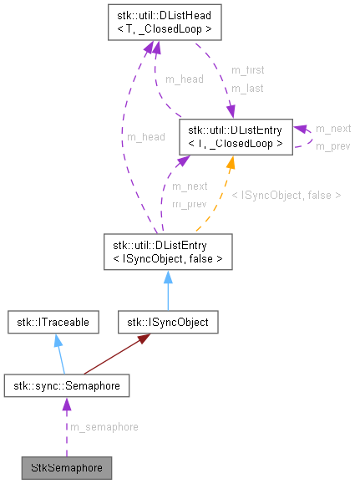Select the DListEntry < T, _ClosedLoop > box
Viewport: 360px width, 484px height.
tap(235, 137)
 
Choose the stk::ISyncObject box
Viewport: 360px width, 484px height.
tap(168, 321)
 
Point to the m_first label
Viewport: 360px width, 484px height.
tap(247, 70)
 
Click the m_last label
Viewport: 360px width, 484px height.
tap(246, 88)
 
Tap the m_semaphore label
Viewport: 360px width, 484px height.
tap(104, 426)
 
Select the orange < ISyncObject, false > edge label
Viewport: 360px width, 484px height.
tap(286, 195)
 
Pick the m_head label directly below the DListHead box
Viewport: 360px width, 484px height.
tap(183, 79)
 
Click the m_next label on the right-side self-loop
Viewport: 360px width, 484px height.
tap(332, 129)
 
